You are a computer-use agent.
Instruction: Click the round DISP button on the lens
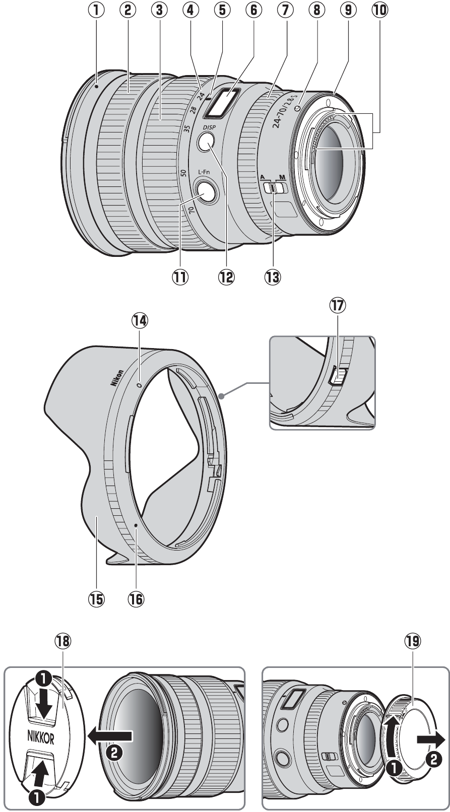pos(206,143)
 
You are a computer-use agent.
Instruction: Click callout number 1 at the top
pos(96,10)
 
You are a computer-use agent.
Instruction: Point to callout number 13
pos(274,276)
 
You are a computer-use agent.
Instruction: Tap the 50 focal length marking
pos(183,172)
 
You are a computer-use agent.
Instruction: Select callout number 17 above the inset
pos(339,306)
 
